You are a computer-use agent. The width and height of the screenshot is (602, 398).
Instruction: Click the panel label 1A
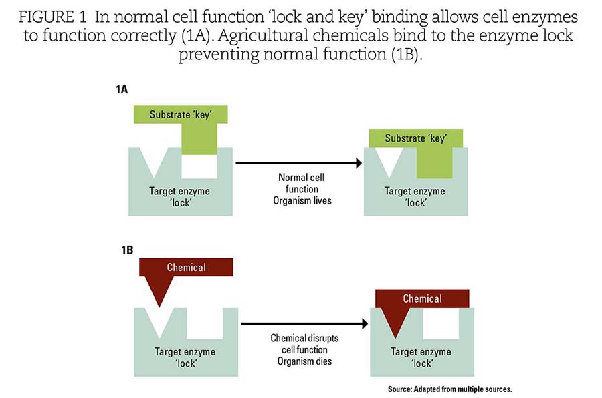pos(122,89)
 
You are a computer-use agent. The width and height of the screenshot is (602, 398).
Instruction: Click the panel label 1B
pos(127,250)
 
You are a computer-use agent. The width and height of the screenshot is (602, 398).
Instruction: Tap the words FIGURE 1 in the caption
pos(53,17)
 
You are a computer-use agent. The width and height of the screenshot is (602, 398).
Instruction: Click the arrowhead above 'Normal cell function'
pos(359,163)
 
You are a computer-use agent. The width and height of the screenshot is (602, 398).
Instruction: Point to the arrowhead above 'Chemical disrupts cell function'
pos(365,324)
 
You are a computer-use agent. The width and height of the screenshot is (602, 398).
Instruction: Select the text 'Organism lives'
pos(302,200)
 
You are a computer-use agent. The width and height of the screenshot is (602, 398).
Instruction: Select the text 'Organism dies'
pos(304,361)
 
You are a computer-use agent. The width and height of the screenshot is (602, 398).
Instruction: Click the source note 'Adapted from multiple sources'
pos(463,389)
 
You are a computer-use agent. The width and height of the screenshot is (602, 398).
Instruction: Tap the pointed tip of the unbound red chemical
pos(159,307)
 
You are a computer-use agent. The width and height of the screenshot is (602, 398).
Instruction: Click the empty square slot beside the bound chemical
pos(441,324)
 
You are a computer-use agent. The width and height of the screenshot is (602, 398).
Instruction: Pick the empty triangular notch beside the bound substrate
pos(389,161)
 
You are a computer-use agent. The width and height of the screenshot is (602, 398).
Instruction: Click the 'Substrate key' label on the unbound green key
pos(181,115)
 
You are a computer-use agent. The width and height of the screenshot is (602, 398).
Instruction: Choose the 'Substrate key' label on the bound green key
pos(416,138)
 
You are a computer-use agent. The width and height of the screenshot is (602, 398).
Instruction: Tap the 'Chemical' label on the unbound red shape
pos(186,267)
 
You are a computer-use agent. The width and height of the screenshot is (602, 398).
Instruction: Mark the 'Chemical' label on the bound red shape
pos(422,298)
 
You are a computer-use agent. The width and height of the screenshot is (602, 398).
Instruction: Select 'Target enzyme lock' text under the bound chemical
pos(421,357)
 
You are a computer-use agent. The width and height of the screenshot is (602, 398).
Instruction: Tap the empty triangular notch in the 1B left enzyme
pos(159,321)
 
